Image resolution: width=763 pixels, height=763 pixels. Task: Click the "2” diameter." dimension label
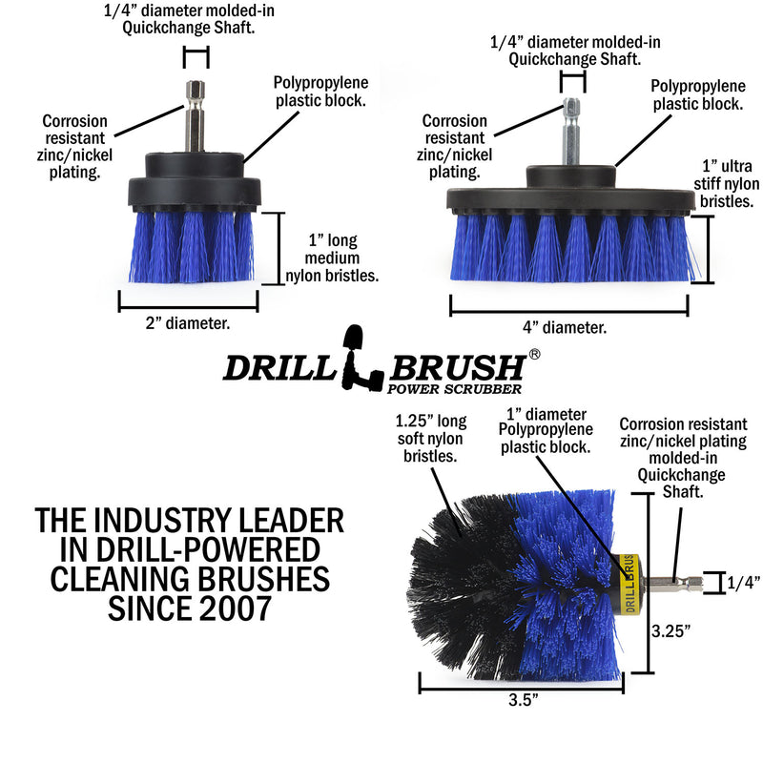(x=188, y=323)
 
